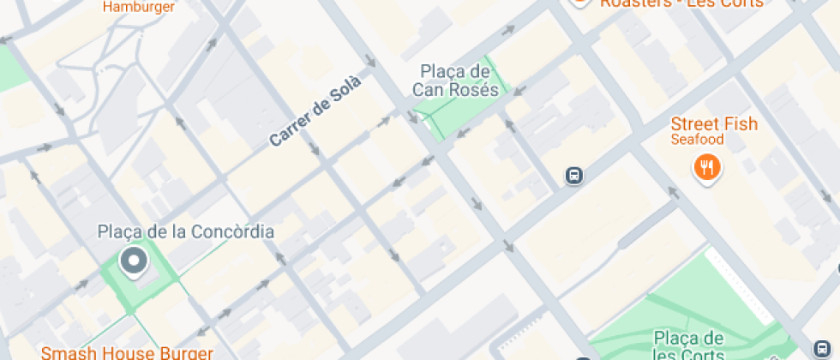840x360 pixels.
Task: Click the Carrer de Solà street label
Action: point(315,111)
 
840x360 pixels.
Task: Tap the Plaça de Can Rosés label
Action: point(455,80)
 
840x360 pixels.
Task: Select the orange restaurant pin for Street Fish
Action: point(706,168)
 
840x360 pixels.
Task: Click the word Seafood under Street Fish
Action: point(697,140)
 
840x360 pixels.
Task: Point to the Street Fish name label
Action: point(714,124)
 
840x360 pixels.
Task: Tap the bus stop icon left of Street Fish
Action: point(574,177)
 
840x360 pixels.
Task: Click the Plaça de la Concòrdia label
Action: point(186,231)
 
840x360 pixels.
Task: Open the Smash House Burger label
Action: point(126,352)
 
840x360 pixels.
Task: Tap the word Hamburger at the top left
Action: point(139,6)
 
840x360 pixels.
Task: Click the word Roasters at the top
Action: point(635,3)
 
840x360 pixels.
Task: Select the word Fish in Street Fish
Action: point(738,124)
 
